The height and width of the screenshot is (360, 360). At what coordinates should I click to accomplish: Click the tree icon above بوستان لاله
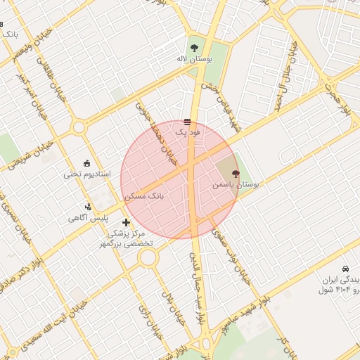(193, 48)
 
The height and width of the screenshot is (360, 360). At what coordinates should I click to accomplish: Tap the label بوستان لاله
(193, 60)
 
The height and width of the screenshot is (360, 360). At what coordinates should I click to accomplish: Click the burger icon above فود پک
(187, 122)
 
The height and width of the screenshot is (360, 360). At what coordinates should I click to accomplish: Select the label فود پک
(188, 132)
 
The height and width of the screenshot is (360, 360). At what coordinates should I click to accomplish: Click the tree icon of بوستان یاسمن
(235, 173)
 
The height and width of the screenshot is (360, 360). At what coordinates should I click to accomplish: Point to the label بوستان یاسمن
(236, 184)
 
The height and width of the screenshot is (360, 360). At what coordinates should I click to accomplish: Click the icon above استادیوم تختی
(86, 163)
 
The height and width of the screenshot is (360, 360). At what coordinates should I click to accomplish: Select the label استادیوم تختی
(86, 174)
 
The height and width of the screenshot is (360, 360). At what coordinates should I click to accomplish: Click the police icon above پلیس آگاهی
(88, 207)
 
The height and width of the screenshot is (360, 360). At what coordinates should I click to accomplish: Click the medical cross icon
(126, 222)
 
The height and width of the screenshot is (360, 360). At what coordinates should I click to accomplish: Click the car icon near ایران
(345, 269)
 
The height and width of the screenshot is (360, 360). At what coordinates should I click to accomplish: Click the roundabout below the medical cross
(148, 257)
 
